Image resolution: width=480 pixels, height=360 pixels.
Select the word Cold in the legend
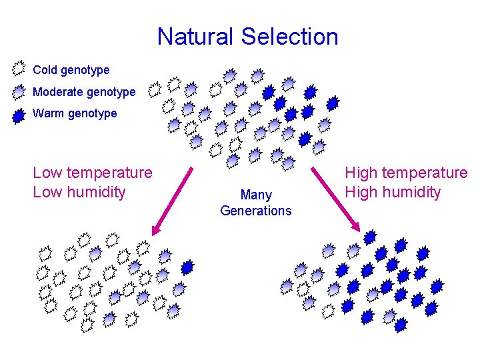[x=45, y=69]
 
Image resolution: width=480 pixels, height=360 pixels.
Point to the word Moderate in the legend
[x=57, y=92]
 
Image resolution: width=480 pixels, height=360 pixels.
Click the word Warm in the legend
[x=48, y=113]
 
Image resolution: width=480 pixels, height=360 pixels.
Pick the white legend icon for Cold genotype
[x=19, y=68]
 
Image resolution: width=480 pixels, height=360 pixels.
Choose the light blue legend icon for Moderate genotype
[x=19, y=91]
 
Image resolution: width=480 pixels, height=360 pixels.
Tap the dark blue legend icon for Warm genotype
[x=19, y=115]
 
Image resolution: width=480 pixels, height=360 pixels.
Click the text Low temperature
[x=92, y=173]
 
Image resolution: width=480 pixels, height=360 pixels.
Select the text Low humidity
[x=79, y=192]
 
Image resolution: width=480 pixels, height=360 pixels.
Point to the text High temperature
[x=405, y=173]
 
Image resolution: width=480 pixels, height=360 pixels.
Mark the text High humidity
[x=392, y=192]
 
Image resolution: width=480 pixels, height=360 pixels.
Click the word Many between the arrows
[x=256, y=195]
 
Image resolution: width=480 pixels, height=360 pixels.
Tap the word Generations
[x=256, y=211]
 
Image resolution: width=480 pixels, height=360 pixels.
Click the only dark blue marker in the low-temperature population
[x=187, y=267]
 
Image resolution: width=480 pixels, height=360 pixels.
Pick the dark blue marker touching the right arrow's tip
[x=370, y=237]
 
